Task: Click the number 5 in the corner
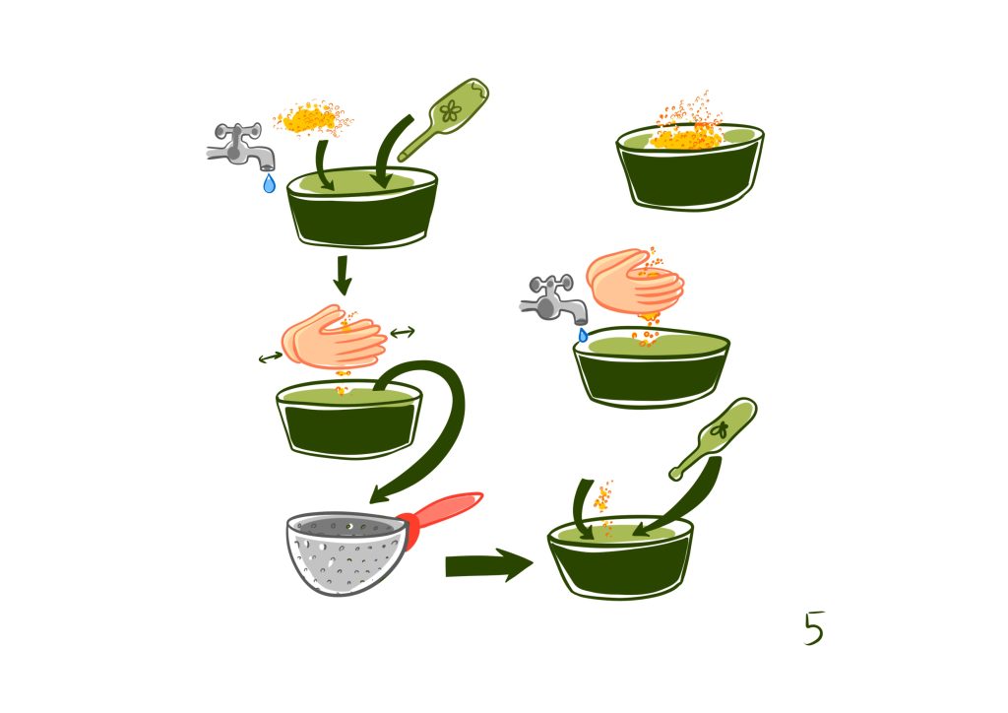pyautogui.click(x=814, y=627)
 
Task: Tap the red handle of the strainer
pyautogui.click(x=444, y=510)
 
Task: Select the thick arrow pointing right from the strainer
pyautogui.click(x=488, y=565)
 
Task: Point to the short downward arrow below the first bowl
pyautogui.click(x=343, y=275)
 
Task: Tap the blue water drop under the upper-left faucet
pyautogui.click(x=270, y=183)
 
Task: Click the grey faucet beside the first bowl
pyautogui.click(x=242, y=147)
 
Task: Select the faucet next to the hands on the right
pyautogui.click(x=553, y=299)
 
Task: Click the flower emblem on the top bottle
pyautogui.click(x=451, y=111)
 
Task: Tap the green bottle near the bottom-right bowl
pyautogui.click(x=714, y=438)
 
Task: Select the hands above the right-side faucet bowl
pyautogui.click(x=635, y=281)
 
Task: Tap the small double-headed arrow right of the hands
pyautogui.click(x=403, y=333)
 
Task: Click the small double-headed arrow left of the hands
pyautogui.click(x=271, y=356)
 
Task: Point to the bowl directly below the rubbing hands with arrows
pyautogui.click(x=349, y=419)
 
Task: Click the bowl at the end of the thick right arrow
pyautogui.click(x=620, y=556)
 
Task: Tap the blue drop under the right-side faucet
pyautogui.click(x=583, y=335)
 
